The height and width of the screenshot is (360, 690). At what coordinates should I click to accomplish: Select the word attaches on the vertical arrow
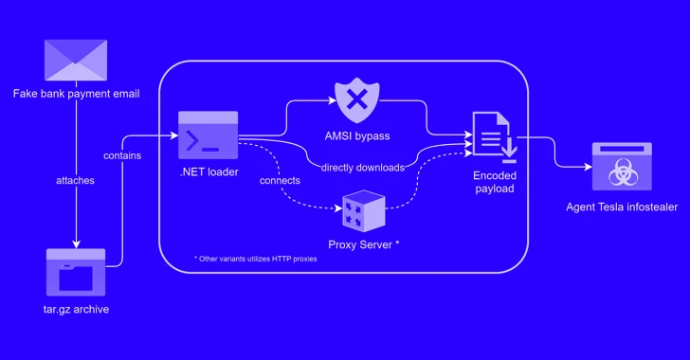click(75, 180)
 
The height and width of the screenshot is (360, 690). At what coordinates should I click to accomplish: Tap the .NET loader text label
click(208, 172)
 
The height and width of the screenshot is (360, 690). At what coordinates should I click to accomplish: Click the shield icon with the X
click(356, 98)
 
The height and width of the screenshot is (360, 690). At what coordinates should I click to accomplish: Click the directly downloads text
click(363, 168)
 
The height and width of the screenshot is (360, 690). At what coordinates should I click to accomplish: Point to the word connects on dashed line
click(280, 180)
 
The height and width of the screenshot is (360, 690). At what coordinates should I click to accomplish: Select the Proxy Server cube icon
click(364, 210)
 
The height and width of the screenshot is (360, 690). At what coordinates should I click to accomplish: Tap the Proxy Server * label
click(364, 244)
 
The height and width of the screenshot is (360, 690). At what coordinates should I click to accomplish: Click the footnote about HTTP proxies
click(256, 259)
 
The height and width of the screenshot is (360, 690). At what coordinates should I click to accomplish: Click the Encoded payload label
click(494, 181)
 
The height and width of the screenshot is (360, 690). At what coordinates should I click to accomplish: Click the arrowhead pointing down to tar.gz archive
click(75, 241)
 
